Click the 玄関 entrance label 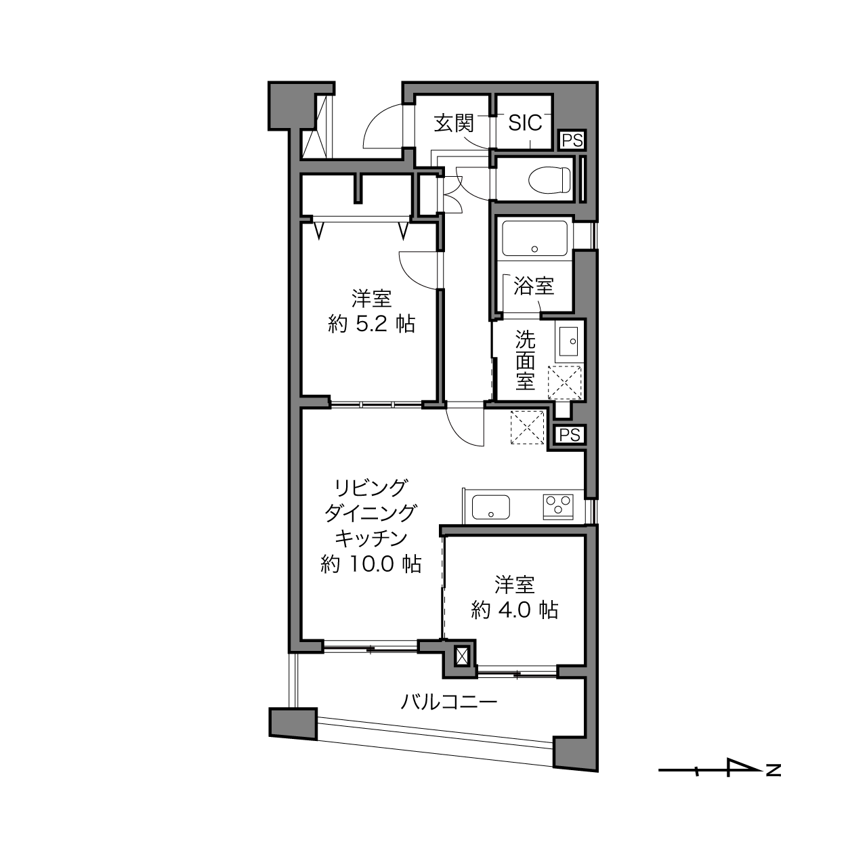[x=453, y=123]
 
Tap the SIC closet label [x=525, y=123]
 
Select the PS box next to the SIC [x=572, y=141]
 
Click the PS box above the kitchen [x=570, y=435]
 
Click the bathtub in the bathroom [x=534, y=238]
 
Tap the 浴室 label [x=534, y=286]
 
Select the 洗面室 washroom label [x=525, y=360]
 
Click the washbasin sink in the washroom [x=568, y=341]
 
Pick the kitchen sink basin [x=490, y=507]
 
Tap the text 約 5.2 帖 [x=371, y=324]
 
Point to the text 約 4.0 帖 [x=515, y=610]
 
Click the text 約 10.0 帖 [x=370, y=564]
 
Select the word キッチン [x=371, y=538]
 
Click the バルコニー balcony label [x=449, y=702]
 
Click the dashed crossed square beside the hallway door [x=528, y=427]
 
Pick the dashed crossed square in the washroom [x=565, y=383]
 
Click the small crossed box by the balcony [x=462, y=656]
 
